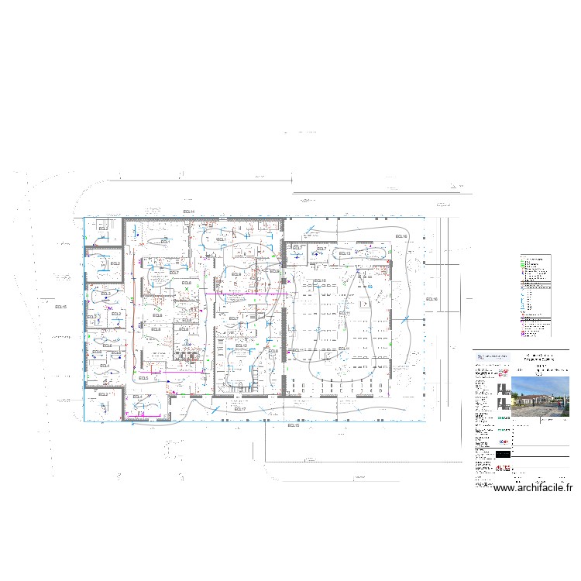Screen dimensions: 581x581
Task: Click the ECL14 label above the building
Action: coord(188,211)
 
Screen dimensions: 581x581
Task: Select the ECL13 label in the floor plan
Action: coord(345,253)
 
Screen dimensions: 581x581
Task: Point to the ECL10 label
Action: coord(319,280)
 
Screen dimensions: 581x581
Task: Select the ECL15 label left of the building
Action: coord(60,308)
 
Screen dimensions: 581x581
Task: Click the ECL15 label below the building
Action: coord(293,426)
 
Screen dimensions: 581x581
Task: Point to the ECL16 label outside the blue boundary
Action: coord(431,300)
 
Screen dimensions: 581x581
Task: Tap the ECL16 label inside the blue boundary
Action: coord(401,236)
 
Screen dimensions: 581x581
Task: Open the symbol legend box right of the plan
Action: coord(535,296)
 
